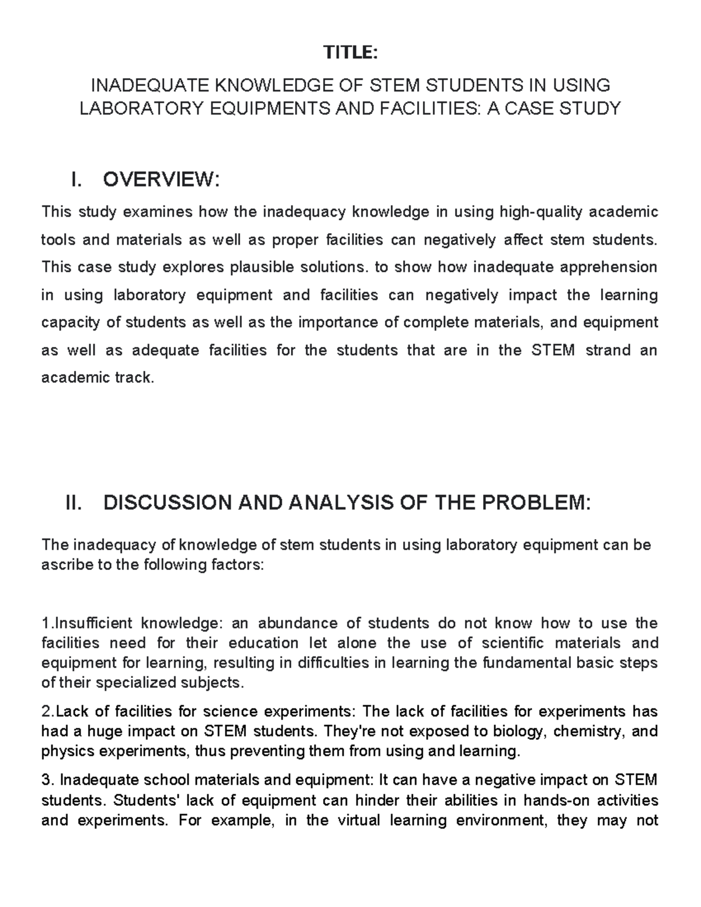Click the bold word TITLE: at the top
click(351, 53)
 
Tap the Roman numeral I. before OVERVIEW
click(76, 180)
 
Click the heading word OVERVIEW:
click(161, 180)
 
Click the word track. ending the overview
click(134, 378)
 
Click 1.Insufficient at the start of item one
click(88, 623)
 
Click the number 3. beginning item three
click(48, 780)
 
